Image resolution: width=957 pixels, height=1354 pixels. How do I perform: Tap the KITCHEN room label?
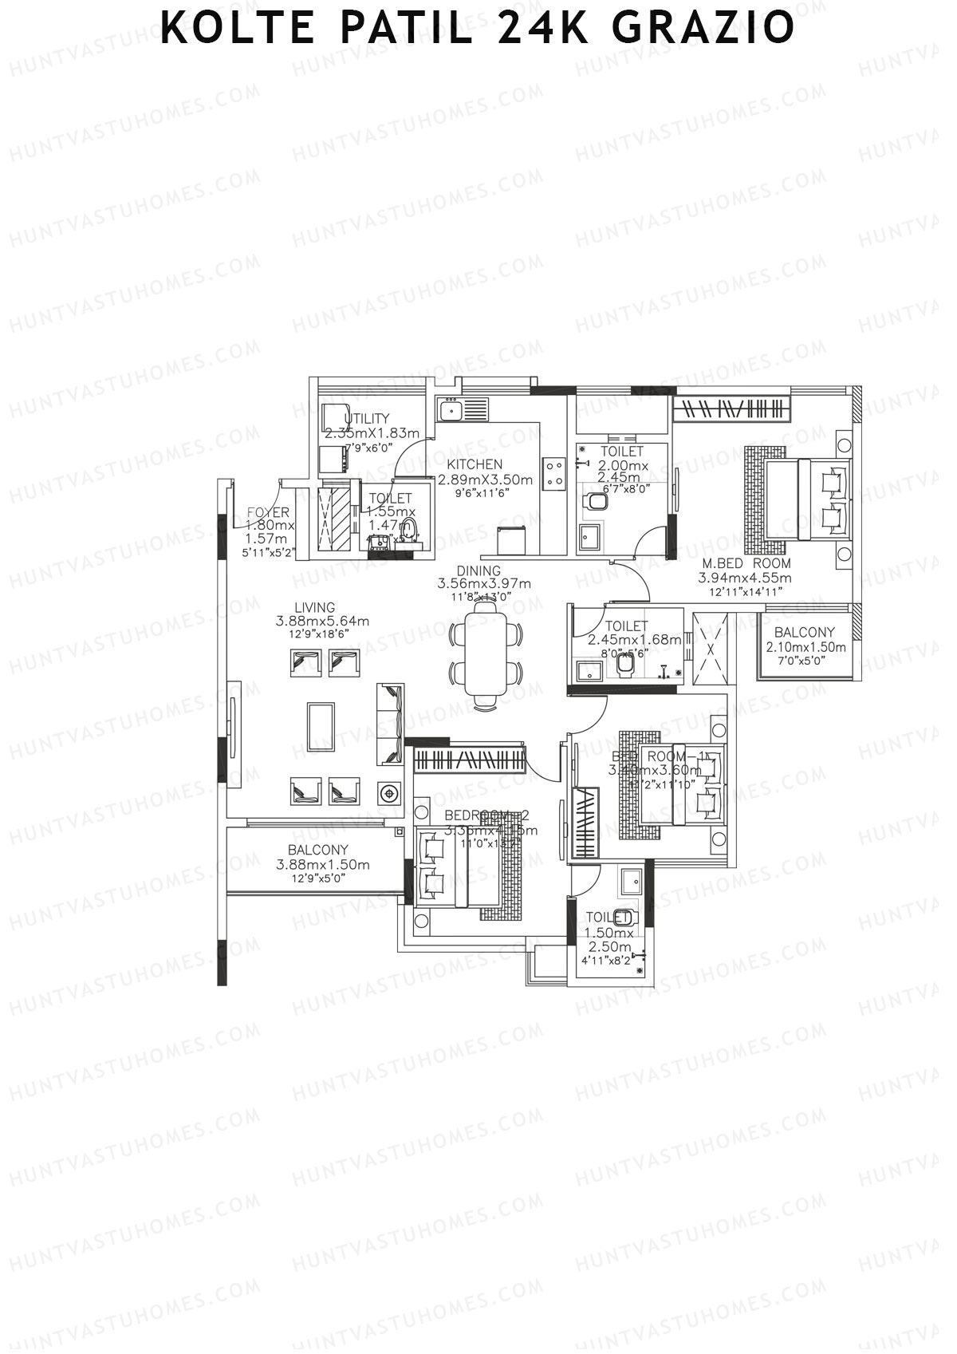tap(475, 464)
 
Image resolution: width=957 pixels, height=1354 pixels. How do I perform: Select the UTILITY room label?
tap(367, 418)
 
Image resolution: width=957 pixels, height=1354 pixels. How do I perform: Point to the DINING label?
tap(478, 570)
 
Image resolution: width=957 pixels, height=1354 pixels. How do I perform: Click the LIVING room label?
tap(314, 607)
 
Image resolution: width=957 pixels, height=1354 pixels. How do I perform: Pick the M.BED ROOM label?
tap(746, 563)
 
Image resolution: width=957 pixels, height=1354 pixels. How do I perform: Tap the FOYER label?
tap(268, 512)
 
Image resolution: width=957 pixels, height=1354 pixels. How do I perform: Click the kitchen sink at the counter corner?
tap(451, 411)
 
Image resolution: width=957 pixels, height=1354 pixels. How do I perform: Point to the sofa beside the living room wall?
tap(391, 723)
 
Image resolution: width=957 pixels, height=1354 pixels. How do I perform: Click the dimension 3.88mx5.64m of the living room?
tap(322, 622)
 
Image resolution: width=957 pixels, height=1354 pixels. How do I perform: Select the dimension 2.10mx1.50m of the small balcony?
tap(805, 647)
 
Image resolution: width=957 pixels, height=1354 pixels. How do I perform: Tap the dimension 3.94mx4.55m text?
tap(746, 578)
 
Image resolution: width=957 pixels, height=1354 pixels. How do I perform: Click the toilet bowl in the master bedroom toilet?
tap(594, 501)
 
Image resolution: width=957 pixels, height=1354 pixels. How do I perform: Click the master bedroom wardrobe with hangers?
tap(731, 409)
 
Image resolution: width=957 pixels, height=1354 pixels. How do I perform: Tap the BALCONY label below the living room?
tap(318, 850)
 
